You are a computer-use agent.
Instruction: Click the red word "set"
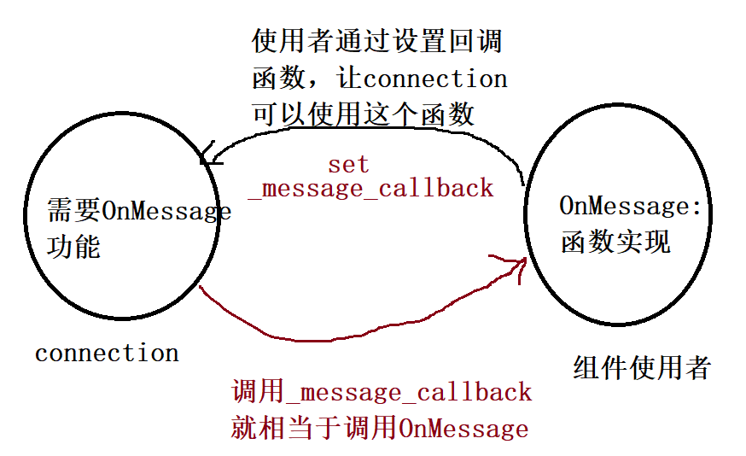(x=348, y=164)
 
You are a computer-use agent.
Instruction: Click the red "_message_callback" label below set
(x=370, y=188)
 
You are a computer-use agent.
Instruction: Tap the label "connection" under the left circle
(x=107, y=353)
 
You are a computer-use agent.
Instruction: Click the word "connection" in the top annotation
(x=435, y=79)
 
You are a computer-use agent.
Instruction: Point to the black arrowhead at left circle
(x=207, y=157)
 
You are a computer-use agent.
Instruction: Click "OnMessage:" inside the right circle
(x=629, y=206)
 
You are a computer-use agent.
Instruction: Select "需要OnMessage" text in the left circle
(x=139, y=210)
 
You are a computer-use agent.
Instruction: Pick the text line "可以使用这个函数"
(x=363, y=114)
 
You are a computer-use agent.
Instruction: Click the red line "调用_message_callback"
(x=382, y=392)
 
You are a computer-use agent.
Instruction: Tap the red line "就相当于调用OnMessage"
(x=379, y=427)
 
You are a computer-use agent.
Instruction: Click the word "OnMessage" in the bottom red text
(x=463, y=427)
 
